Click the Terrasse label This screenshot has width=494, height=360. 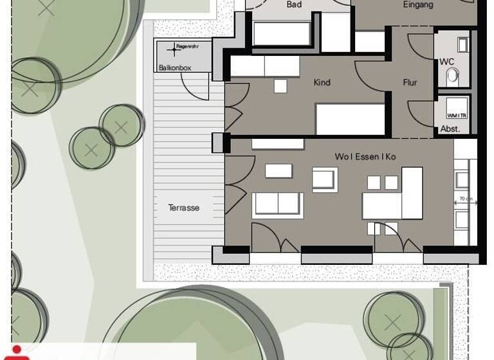(184, 208)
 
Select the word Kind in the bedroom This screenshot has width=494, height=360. (322, 82)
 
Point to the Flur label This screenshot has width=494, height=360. (410, 82)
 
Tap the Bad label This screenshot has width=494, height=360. (294, 4)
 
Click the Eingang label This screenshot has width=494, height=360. (417, 4)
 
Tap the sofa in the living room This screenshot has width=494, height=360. (278, 204)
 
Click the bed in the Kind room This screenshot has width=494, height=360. (350, 119)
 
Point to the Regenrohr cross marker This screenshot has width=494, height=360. (174, 48)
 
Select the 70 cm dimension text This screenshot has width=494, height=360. (465, 199)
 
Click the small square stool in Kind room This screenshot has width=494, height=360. (280, 86)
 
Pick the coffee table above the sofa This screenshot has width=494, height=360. (278, 170)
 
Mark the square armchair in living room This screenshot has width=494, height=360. (325, 179)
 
